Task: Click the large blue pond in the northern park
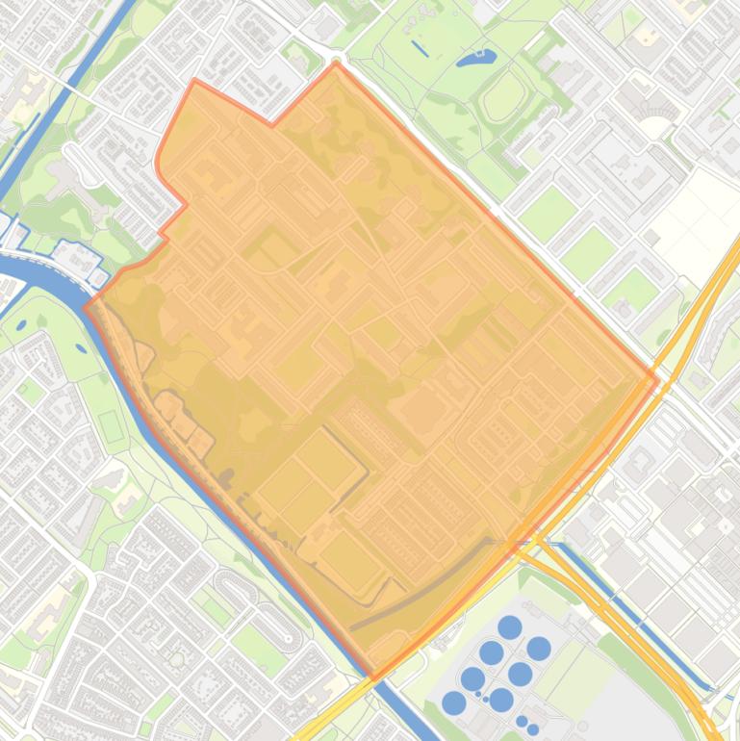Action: pyautogui.click(x=474, y=59)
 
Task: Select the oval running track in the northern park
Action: pyautogui.click(x=504, y=94)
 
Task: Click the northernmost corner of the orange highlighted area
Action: pyautogui.click(x=336, y=64)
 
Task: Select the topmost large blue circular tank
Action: pyautogui.click(x=510, y=628)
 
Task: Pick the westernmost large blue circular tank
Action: pyautogui.click(x=454, y=703)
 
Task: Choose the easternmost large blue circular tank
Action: pyautogui.click(x=539, y=648)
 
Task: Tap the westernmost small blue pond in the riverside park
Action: pyautogui.click(x=20, y=324)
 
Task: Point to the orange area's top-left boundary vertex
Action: pyautogui.click(x=195, y=81)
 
